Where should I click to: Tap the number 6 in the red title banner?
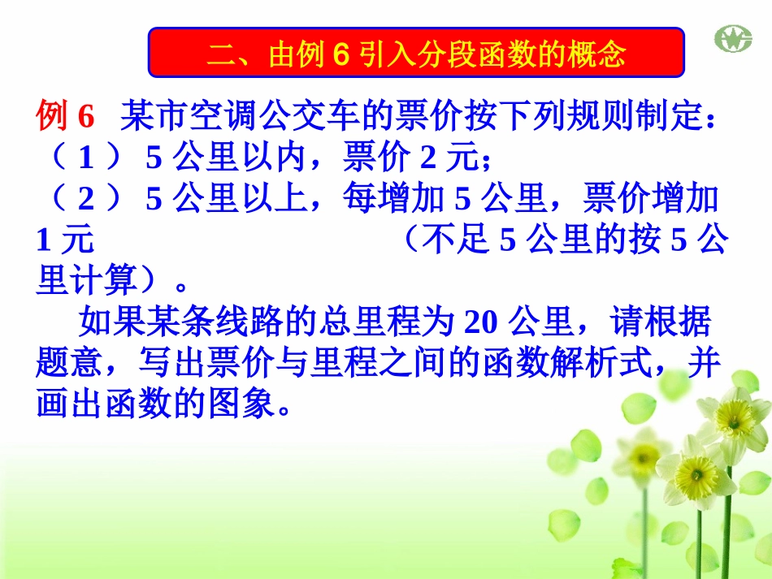(340, 55)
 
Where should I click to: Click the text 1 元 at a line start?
(65, 240)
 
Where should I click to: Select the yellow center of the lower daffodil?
(696, 472)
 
